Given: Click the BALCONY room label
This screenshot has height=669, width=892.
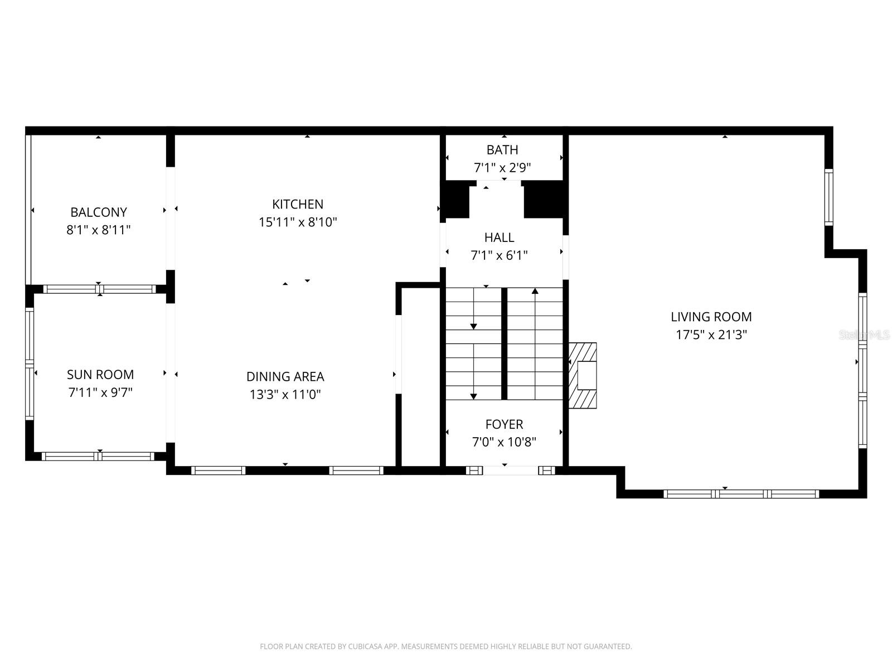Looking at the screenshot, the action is point(99,212).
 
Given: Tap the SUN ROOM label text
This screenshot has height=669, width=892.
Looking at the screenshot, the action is point(100,375).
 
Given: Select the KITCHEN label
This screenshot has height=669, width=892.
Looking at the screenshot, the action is point(298,204).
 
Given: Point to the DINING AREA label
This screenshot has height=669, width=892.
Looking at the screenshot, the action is point(285,377).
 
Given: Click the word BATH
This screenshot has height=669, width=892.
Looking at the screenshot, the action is point(502,150).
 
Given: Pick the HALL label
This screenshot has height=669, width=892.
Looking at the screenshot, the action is point(499,237).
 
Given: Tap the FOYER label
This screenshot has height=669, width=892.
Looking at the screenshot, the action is point(504,424).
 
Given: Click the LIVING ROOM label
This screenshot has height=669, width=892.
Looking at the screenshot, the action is point(711,317).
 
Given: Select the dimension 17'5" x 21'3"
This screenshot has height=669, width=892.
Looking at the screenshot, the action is point(711,335).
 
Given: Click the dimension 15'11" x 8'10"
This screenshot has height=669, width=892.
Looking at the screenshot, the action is point(298,222).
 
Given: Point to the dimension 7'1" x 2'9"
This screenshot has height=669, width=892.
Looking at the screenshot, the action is point(502,167).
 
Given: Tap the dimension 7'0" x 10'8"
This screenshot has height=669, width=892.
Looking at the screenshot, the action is point(504,443).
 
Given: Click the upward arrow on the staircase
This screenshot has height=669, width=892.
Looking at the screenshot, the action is point(535,291).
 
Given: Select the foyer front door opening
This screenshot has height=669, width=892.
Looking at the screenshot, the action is point(510,471).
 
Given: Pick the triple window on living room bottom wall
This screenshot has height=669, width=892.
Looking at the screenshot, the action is point(741,494).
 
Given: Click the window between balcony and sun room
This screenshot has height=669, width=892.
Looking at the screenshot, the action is point(99,289).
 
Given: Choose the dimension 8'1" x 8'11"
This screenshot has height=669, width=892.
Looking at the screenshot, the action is point(99,230).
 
